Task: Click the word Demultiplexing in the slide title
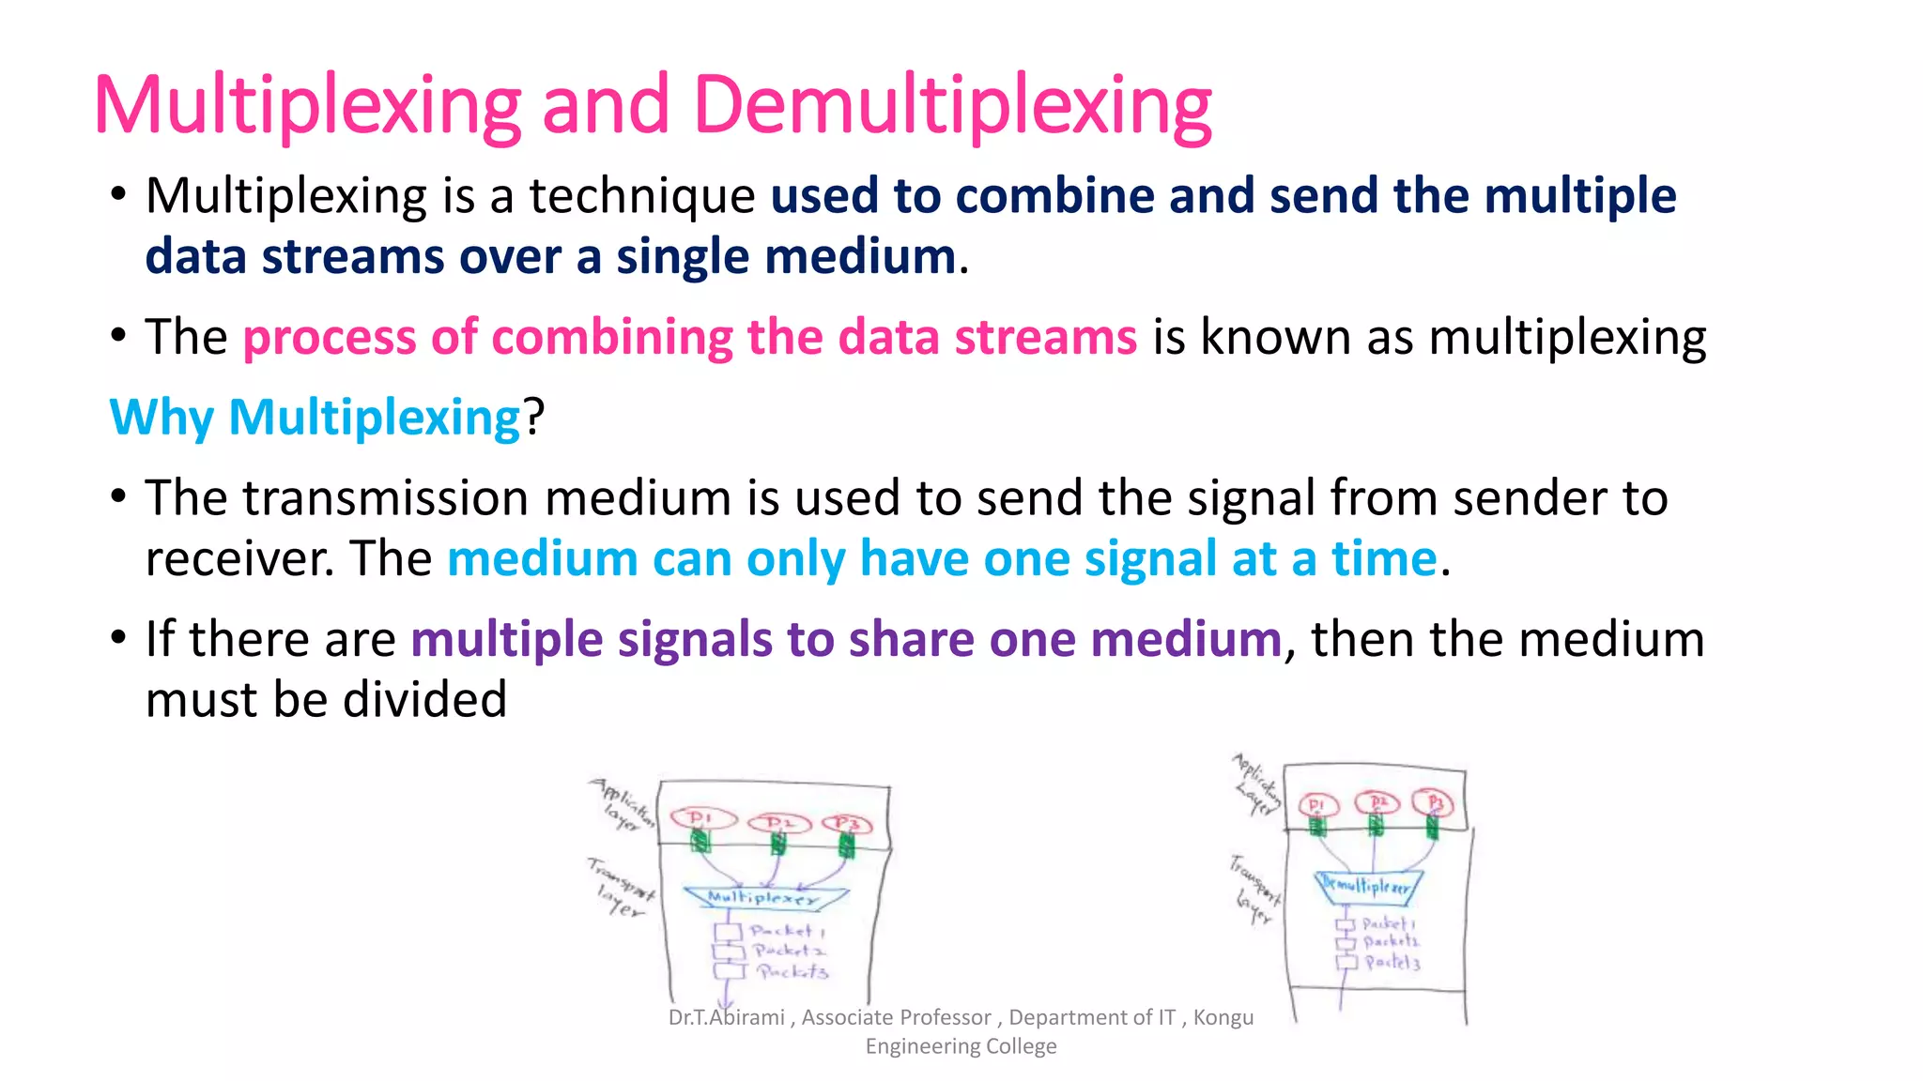(x=952, y=106)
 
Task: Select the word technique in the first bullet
(x=642, y=196)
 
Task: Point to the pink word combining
(x=611, y=337)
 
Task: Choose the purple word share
(x=912, y=639)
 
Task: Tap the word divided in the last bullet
(x=442, y=700)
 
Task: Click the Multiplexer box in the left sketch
(x=763, y=897)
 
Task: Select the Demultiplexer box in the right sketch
(x=1366, y=886)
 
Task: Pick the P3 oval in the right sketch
(x=1435, y=803)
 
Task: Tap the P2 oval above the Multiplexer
(x=777, y=823)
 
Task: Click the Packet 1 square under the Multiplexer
(x=728, y=932)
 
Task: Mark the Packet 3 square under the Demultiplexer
(x=1347, y=962)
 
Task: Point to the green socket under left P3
(x=846, y=846)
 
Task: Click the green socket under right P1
(x=1317, y=827)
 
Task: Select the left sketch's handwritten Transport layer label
(x=620, y=888)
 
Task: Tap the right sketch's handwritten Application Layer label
(x=1257, y=784)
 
